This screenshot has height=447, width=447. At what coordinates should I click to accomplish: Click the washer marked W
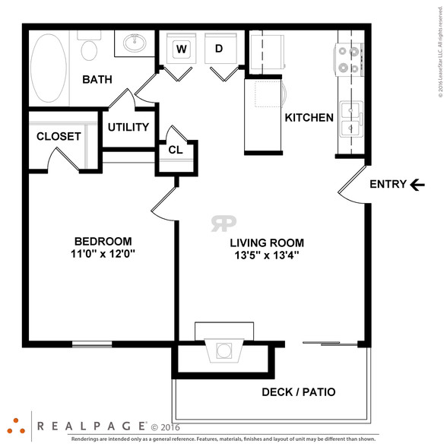coord(181,49)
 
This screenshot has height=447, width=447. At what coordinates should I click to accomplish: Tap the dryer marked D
coord(220,49)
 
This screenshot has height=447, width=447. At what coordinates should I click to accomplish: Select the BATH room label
coord(97,80)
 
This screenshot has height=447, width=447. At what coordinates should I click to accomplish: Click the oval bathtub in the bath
coord(49,68)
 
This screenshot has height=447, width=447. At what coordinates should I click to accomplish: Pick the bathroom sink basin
coord(135,43)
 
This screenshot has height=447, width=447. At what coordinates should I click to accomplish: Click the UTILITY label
coord(128,127)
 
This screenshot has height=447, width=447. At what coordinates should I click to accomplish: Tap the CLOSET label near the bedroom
coord(59,137)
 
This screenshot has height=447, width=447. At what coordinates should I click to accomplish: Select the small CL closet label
coord(176,150)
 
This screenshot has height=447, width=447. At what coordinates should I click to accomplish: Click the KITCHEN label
coord(309,118)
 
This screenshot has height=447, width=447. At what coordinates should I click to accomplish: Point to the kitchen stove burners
coord(349,59)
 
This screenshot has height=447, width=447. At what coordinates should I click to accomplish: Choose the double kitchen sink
coord(351,119)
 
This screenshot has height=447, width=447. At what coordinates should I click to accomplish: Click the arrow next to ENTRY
coord(417,185)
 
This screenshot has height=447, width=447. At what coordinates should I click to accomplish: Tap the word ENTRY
coord(388,184)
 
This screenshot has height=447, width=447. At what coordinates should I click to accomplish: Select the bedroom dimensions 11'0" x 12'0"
coord(103,253)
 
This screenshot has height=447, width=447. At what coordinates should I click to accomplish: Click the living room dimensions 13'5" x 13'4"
coord(267,255)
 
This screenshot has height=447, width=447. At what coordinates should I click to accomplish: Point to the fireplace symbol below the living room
coord(224,350)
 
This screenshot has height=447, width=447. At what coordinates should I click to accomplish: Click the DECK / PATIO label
coord(299,392)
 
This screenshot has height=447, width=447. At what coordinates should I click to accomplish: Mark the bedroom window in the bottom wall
coord(92,344)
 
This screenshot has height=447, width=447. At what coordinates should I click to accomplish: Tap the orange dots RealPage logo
coord(16,426)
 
